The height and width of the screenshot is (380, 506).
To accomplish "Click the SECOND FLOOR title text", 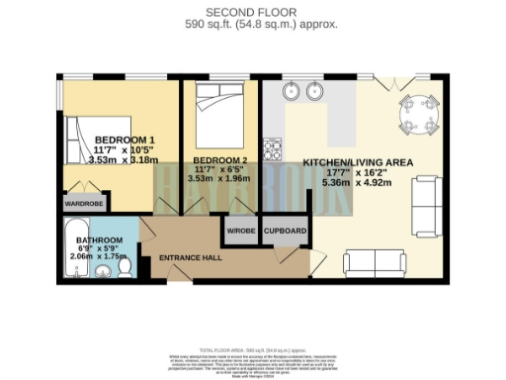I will [253, 11].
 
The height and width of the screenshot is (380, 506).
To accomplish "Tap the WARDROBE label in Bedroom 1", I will [84, 203].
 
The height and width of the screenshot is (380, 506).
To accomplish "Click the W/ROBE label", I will [241, 231].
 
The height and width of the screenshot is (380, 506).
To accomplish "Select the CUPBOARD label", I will [285, 231].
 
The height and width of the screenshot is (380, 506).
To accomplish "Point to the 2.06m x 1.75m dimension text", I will [96, 255].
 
